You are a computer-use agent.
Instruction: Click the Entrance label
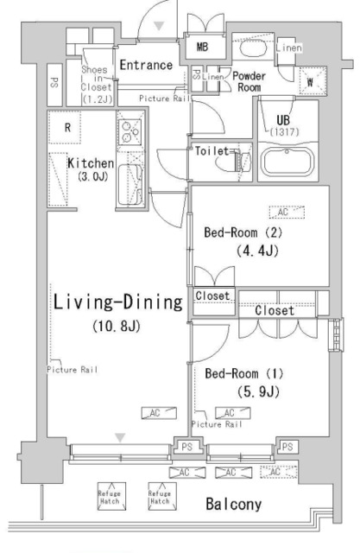[x=146, y=65]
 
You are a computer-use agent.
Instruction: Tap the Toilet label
[x=212, y=150]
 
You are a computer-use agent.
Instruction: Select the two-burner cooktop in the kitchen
[x=130, y=132]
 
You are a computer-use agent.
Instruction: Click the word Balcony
[x=234, y=503]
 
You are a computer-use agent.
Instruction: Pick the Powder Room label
[x=248, y=81]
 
